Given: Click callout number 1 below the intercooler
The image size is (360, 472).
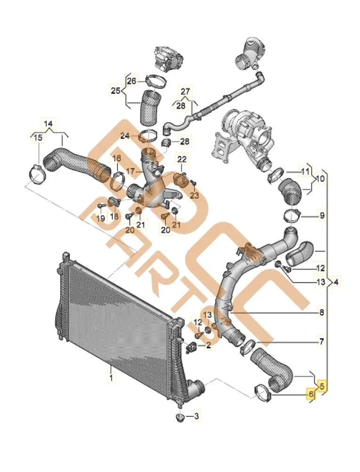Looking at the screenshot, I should (x=111, y=378).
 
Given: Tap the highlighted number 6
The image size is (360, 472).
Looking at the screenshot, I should (x=310, y=394).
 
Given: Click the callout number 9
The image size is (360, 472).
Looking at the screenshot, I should (x=322, y=216).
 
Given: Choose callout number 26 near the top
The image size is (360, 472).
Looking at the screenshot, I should (x=131, y=81).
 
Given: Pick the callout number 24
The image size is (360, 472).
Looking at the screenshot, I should (x=125, y=136).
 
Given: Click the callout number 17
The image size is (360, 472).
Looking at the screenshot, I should (x=131, y=170).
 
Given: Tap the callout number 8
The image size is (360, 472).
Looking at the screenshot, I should (x=321, y=312).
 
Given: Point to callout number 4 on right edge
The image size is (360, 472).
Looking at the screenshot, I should (x=335, y=282).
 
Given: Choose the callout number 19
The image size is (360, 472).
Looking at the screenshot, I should (x=100, y=218).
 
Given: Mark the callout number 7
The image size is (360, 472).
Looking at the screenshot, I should (x=321, y=340).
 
